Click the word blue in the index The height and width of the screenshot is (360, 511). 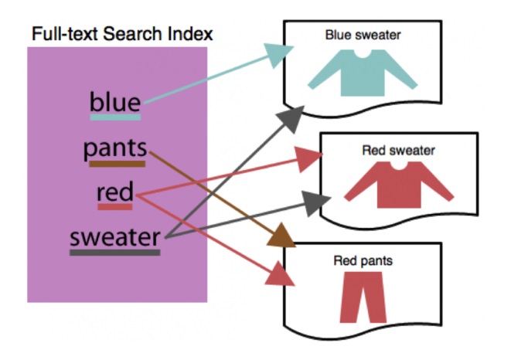115,101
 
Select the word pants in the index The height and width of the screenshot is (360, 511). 115,148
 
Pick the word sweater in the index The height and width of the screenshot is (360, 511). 115,236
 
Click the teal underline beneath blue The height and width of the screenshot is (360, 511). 115,117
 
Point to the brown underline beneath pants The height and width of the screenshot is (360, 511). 117,164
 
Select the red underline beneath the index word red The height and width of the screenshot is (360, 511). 115,207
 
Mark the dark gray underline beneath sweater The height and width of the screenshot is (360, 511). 115,252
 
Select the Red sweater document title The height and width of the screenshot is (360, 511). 398,150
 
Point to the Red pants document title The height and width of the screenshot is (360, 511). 363,261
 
